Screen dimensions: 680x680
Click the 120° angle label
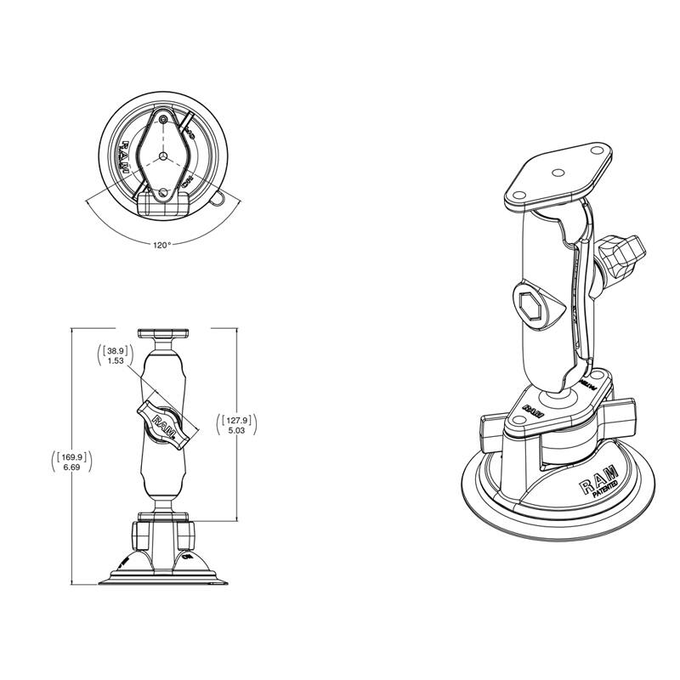click(161, 244)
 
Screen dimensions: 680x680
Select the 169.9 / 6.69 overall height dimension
click(72, 462)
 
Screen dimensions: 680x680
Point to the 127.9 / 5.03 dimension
click(239, 424)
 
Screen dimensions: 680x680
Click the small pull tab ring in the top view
click(220, 201)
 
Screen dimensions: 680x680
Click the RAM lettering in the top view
click(121, 158)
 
